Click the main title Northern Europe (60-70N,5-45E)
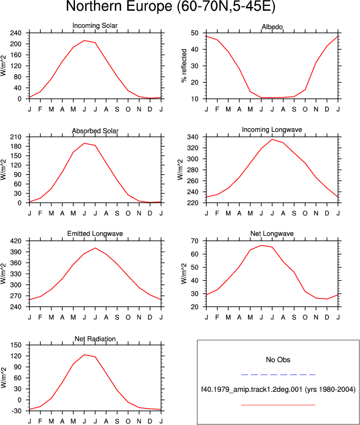171,6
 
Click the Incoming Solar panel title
95,26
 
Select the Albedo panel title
272,27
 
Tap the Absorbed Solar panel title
95,131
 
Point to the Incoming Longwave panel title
272,130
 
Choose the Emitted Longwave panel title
95,233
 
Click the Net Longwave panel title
272,233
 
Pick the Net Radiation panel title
95,339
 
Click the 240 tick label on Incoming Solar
16,33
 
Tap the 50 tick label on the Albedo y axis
194,33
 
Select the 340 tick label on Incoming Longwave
193,137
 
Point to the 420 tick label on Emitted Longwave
16,241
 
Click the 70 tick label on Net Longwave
194,241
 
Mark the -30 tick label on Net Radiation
16,411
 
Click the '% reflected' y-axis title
184,65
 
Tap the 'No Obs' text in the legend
278,360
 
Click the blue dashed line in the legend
278,375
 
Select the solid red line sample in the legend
278,405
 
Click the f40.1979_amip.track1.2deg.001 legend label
252,390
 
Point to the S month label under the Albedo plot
294,109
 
